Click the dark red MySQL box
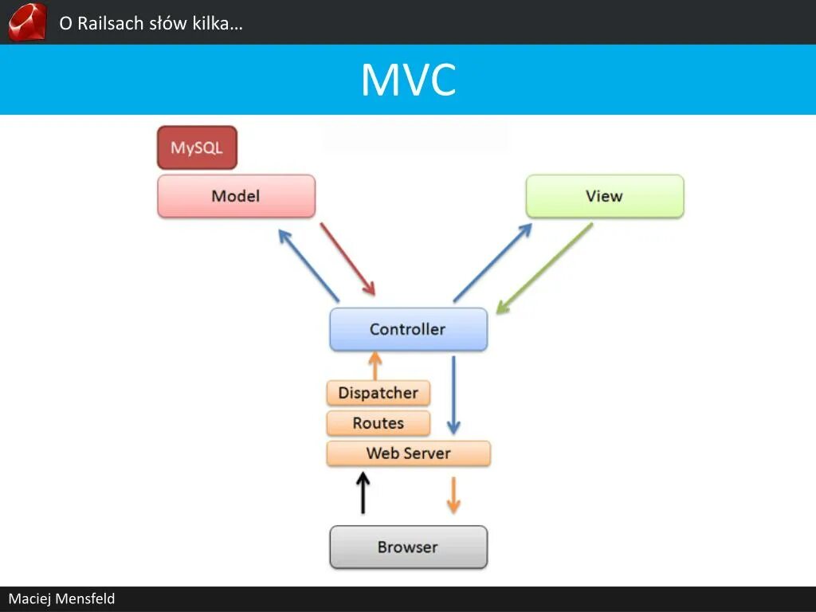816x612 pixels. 197,148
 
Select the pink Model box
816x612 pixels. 236,196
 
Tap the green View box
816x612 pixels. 604,196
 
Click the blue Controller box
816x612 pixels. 408,329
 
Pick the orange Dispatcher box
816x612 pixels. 378,393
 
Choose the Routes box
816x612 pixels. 378,423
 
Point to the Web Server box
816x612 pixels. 408,453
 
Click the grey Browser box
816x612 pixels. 408,547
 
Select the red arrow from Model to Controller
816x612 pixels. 347,259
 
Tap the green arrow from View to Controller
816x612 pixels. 545,268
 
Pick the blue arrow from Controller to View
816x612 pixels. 492,262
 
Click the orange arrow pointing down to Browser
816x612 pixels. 453,495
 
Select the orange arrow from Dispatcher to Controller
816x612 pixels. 374,366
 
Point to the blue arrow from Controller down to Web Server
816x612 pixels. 453,394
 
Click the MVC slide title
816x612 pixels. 408,80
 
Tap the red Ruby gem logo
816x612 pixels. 27,22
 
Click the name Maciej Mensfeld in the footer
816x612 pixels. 61,598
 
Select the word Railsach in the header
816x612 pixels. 109,23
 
